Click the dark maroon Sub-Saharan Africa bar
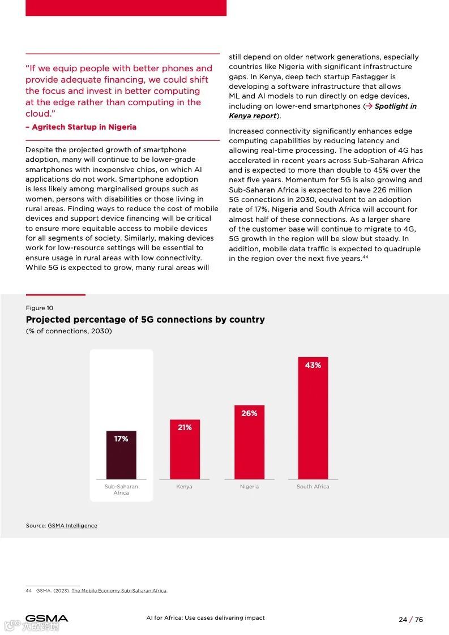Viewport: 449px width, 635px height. pyautogui.click(x=121, y=458)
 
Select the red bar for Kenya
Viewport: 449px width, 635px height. pyautogui.click(x=185, y=453)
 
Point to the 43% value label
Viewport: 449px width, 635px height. pyautogui.click(x=313, y=366)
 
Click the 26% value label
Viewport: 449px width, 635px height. pyautogui.click(x=249, y=414)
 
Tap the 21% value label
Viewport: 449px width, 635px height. pyautogui.click(x=185, y=428)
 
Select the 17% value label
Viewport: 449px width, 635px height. pyautogui.click(x=121, y=439)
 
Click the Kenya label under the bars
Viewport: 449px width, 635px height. pyautogui.click(x=184, y=487)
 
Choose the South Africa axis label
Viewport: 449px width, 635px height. pyautogui.click(x=313, y=487)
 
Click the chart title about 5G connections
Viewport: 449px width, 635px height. pyautogui.click(x=145, y=320)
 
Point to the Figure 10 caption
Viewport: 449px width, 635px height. pyautogui.click(x=40, y=308)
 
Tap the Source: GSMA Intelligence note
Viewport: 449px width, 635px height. pyautogui.click(x=61, y=526)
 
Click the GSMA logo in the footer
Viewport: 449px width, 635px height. pyautogui.click(x=46, y=619)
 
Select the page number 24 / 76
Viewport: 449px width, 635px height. pyautogui.click(x=410, y=620)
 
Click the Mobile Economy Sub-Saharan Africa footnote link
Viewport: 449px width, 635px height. pyautogui.click(x=119, y=591)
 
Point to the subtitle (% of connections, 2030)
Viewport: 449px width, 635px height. pyautogui.click(x=69, y=331)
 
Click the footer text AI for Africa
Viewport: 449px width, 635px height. pyautogui.click(x=205, y=618)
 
